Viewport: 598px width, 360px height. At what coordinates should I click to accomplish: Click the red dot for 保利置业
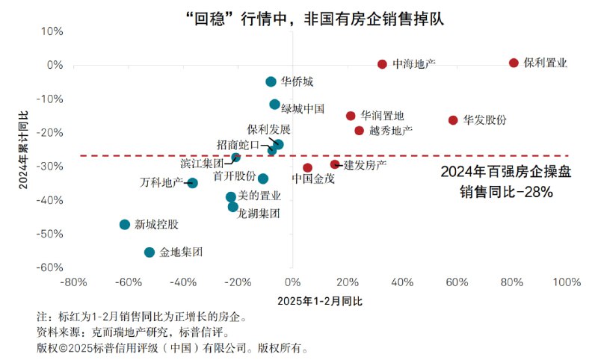click(x=514, y=63)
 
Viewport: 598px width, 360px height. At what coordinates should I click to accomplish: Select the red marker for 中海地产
click(x=382, y=65)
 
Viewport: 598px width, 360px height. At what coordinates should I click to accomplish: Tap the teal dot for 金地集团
click(x=149, y=252)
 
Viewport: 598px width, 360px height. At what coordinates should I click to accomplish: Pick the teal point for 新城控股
click(x=125, y=224)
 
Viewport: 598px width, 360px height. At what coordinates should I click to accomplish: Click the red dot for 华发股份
click(x=453, y=120)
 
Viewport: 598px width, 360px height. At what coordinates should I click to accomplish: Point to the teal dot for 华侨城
click(x=271, y=81)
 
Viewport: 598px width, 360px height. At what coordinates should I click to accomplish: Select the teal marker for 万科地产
click(x=192, y=183)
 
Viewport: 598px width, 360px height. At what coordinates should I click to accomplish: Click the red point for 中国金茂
click(x=307, y=168)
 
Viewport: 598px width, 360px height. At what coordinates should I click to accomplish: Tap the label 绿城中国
click(x=303, y=109)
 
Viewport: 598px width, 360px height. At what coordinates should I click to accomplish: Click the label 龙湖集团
click(x=259, y=214)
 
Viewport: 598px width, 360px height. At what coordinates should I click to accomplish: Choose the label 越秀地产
click(x=391, y=131)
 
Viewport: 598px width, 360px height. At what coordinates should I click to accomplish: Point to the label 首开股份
click(x=234, y=177)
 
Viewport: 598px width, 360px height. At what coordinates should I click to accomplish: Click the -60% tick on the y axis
click(x=52, y=267)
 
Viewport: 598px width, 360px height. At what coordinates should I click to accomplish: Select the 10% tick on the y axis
click(x=53, y=31)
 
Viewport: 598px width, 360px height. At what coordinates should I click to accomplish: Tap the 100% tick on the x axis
click(x=567, y=283)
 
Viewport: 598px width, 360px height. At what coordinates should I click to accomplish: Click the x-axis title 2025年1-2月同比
click(x=319, y=301)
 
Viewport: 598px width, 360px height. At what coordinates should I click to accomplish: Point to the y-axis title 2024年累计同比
click(x=23, y=149)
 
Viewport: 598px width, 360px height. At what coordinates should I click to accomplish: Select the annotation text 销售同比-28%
click(x=506, y=192)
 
